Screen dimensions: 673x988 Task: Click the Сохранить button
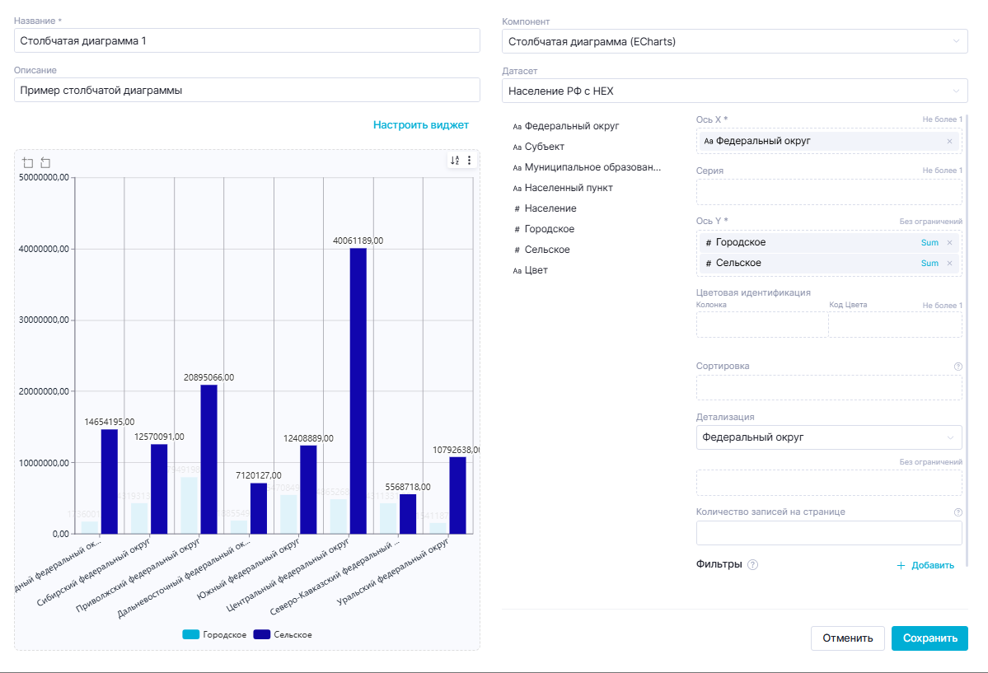click(x=929, y=638)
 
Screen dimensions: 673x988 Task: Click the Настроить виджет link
click(x=420, y=125)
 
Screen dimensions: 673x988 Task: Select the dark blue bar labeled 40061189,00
click(x=358, y=390)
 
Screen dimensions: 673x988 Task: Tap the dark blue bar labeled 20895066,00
click(x=208, y=459)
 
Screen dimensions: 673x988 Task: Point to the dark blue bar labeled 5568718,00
click(x=408, y=513)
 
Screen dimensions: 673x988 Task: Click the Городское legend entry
click(x=214, y=634)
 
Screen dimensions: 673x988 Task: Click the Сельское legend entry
click(x=283, y=634)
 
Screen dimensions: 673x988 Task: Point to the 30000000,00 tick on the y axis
click(x=44, y=320)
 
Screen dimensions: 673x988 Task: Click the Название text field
click(x=247, y=40)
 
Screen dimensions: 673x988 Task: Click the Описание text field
click(x=247, y=90)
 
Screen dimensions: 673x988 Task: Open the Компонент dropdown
click(x=734, y=41)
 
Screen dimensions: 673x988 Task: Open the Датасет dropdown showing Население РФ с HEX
click(x=734, y=91)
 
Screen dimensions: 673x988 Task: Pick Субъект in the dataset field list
click(x=544, y=147)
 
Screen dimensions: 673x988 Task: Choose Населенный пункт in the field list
click(x=568, y=188)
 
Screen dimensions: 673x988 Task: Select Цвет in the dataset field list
click(x=536, y=270)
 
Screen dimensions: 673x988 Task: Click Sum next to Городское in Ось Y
click(x=929, y=243)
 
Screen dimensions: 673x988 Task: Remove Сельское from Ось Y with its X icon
click(x=949, y=264)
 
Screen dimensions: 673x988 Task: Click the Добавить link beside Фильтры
click(x=925, y=565)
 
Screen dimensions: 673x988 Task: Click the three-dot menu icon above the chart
click(x=469, y=161)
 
